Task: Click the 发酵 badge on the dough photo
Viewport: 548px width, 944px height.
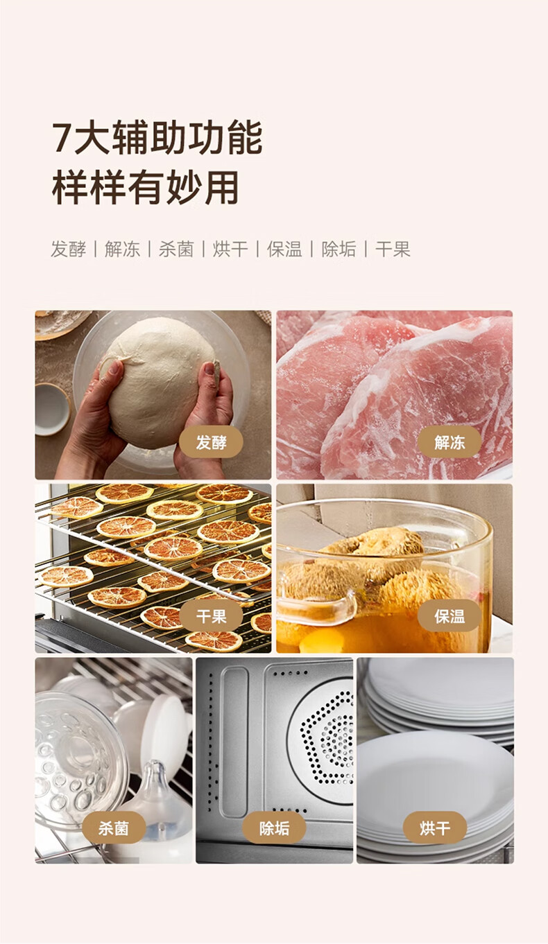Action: pyautogui.click(x=211, y=442)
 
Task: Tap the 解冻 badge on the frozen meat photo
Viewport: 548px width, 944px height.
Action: pyautogui.click(x=449, y=442)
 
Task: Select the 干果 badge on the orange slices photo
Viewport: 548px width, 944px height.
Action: pyautogui.click(x=211, y=616)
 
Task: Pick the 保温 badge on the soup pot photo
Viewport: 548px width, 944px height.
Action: pyautogui.click(x=449, y=616)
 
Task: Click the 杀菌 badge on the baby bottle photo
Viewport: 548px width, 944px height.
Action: pyautogui.click(x=114, y=828)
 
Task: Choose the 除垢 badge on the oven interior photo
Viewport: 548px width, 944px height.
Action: pyautogui.click(x=274, y=828)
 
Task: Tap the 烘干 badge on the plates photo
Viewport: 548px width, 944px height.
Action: pyautogui.click(x=434, y=828)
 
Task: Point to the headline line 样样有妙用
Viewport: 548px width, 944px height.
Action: pyautogui.click(x=146, y=188)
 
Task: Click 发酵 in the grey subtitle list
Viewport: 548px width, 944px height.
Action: pyautogui.click(x=69, y=249)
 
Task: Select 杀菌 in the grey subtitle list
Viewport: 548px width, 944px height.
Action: pyautogui.click(x=176, y=249)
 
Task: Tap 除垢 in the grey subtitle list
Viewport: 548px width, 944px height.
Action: pyautogui.click(x=339, y=249)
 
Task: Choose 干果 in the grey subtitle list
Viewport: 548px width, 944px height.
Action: pyautogui.click(x=393, y=249)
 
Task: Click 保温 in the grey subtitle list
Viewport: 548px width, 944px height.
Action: pyautogui.click(x=285, y=249)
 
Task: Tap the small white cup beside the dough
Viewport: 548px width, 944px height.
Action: pyautogui.click(x=51, y=409)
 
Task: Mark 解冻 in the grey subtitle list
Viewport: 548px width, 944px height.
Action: pyautogui.click(x=122, y=249)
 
